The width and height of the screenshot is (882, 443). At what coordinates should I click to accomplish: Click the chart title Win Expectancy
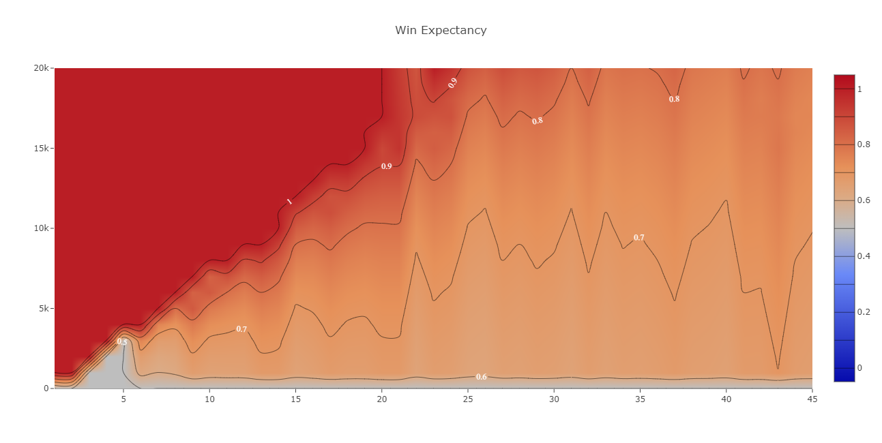tap(441, 31)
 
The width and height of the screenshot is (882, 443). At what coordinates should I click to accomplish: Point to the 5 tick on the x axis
tap(123, 399)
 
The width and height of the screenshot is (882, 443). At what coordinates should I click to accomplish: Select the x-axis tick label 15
tap(295, 399)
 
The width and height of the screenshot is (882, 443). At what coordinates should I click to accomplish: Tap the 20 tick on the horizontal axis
tap(381, 399)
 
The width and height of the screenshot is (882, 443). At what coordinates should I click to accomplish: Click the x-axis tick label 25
tap(467, 399)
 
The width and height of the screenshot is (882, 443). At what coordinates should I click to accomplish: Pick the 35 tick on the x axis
tap(640, 399)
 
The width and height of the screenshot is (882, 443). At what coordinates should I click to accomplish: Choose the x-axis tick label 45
tap(812, 399)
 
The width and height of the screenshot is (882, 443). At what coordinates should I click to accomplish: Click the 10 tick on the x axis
tap(209, 399)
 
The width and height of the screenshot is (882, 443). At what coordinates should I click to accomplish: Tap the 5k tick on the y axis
tap(42, 308)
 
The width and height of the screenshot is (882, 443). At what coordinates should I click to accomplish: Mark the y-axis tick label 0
tap(46, 388)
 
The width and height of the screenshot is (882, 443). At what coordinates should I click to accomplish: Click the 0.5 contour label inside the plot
tap(123, 341)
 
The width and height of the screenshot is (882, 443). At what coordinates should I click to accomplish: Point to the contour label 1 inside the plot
tap(289, 201)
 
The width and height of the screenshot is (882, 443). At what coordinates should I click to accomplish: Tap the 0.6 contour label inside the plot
tap(482, 377)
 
